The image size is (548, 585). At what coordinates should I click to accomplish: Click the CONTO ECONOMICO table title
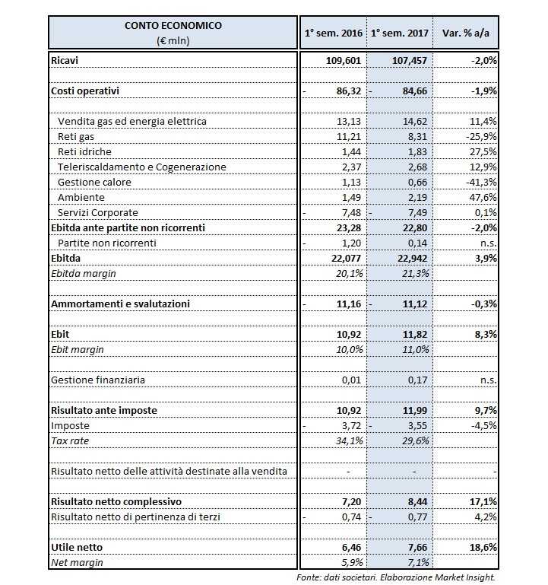173,25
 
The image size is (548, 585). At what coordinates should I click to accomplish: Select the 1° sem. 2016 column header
333,33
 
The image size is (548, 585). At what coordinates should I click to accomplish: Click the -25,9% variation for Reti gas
483,136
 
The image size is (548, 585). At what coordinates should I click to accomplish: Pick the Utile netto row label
75,547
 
